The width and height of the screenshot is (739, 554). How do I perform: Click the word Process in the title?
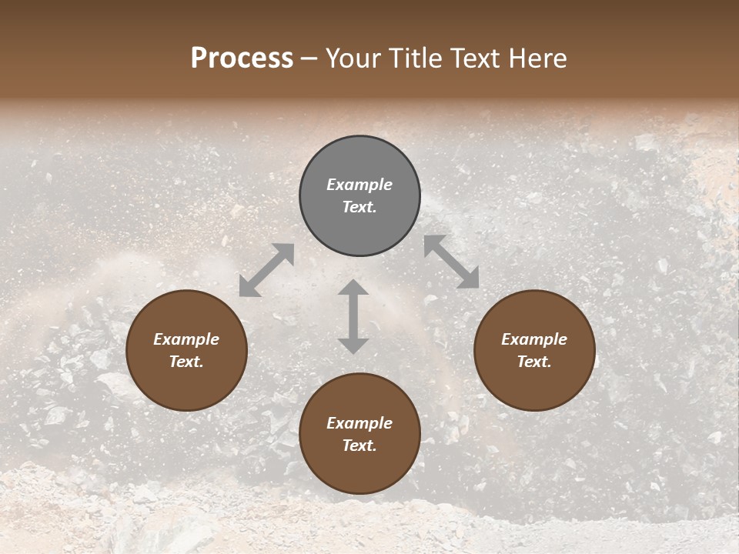[242, 58]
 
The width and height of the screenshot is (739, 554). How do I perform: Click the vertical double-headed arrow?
[353, 316]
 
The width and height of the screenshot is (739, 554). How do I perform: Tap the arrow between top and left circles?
[266, 270]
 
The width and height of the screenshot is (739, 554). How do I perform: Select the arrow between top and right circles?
[451, 262]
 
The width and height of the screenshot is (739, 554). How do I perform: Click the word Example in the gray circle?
[359, 185]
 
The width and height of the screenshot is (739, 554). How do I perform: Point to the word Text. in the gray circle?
[359, 207]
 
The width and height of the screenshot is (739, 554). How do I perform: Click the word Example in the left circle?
[186, 339]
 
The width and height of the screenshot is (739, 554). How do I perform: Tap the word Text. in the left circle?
[186, 362]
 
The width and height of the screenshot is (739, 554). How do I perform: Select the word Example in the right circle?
[534, 339]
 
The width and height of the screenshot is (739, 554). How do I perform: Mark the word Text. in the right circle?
[533, 362]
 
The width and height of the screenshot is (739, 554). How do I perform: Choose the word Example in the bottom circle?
[359, 423]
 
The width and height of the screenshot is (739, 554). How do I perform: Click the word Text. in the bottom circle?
[359, 446]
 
